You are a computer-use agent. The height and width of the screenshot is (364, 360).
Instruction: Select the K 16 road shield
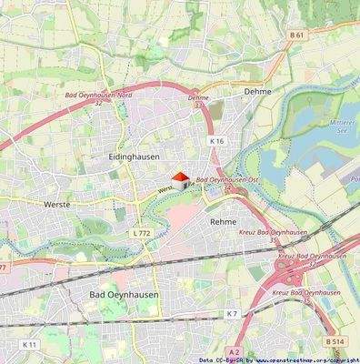(x=216, y=141)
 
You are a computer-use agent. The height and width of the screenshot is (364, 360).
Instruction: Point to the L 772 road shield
(x=140, y=233)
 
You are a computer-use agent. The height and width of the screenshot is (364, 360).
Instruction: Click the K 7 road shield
(x=232, y=313)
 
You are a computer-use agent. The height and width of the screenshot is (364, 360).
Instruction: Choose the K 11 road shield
(x=29, y=346)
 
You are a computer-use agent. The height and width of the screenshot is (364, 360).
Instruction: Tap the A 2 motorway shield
(x=234, y=351)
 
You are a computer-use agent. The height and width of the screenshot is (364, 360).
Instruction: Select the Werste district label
(x=57, y=206)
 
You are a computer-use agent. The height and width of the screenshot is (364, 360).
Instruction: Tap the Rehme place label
(x=223, y=221)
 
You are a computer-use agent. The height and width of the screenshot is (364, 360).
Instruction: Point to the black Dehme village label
(x=258, y=92)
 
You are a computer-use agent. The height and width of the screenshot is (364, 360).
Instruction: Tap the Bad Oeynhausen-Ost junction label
(x=223, y=181)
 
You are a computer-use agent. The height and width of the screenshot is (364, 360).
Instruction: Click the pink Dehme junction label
(x=198, y=97)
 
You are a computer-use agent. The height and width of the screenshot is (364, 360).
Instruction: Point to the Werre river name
(x=165, y=190)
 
